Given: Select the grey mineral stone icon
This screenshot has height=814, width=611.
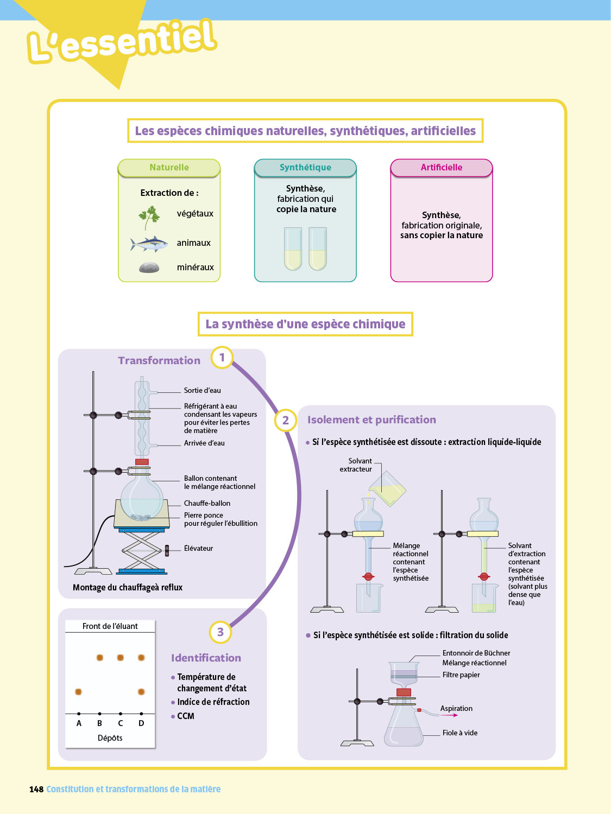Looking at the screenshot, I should (149, 267).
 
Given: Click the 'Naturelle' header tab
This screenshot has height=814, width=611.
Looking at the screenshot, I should (169, 168).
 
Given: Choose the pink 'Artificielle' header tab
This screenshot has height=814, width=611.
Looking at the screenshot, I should (441, 168).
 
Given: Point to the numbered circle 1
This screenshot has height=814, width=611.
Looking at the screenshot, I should (222, 358).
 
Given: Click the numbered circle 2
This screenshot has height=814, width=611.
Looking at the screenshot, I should (285, 420).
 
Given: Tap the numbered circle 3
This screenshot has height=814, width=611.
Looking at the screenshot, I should (220, 632).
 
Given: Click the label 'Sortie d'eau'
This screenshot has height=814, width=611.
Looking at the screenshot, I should (202, 390).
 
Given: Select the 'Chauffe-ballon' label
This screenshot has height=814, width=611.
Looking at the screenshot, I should (207, 503).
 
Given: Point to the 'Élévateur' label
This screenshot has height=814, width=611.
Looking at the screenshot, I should (198, 548).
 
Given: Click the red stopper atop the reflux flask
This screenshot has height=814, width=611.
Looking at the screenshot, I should (142, 462).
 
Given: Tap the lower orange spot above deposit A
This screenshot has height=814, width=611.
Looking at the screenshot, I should (78, 691).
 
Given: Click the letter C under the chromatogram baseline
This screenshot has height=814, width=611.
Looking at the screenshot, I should (121, 723).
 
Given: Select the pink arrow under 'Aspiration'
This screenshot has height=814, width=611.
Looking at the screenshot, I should (449, 715).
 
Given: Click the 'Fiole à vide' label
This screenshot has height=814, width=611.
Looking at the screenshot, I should (459, 733).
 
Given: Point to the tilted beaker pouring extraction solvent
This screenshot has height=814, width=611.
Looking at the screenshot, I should (387, 489).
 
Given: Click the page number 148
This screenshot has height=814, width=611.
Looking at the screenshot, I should (36, 789).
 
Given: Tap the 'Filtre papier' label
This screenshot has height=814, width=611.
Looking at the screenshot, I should (461, 675).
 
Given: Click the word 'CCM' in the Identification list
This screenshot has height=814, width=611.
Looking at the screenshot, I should (186, 716).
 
